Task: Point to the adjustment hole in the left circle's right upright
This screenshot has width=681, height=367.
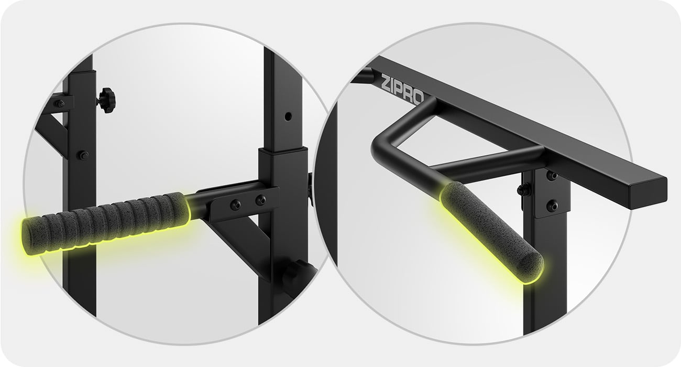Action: point(288,116)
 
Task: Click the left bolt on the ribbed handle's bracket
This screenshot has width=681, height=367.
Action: point(235,205)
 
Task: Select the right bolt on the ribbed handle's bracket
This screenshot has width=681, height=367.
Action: point(260,200)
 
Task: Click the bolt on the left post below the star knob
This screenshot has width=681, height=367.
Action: point(83,155)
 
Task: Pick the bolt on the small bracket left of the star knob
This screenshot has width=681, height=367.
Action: point(60,103)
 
